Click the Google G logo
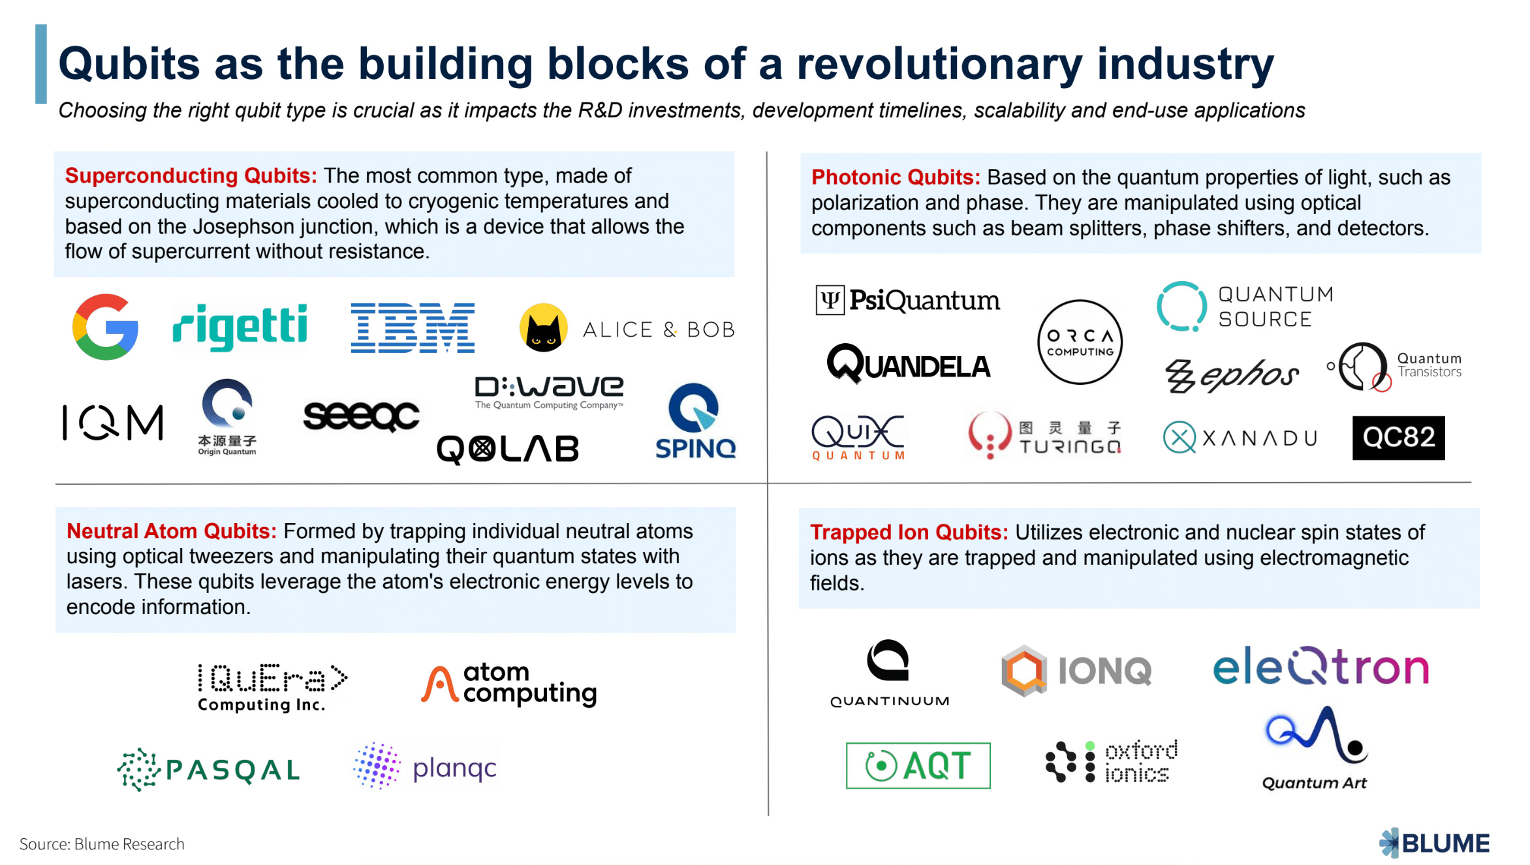pos(105,327)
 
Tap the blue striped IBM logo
pos(413,327)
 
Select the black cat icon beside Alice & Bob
pos(543,328)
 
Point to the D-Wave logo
pos(549,391)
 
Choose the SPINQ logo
pos(695,421)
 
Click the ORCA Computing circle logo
pos(1080,342)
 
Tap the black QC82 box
pos(1398,438)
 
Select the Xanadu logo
pos(1240,438)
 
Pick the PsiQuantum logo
pos(907,301)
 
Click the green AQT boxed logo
pos(918,765)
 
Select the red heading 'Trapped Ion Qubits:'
pos(909,532)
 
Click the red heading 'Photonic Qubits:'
pos(896,177)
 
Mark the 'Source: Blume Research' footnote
pos(102,844)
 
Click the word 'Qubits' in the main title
pos(129,64)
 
